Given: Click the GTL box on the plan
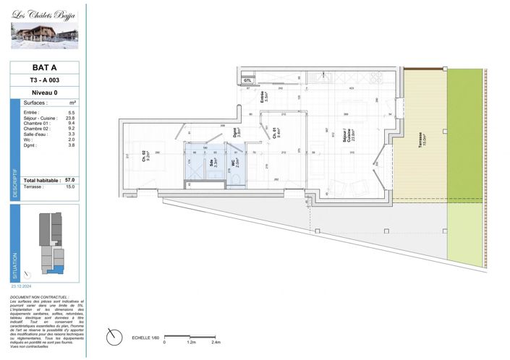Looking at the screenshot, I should [247, 80].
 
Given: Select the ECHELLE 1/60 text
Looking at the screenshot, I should [145, 338].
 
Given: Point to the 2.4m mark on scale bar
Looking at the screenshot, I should [216, 343].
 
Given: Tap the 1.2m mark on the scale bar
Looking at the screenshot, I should [190, 343].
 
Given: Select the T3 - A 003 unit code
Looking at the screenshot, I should [45, 80].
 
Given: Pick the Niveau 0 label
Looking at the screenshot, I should [45, 93].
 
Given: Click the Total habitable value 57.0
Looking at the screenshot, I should [70, 179].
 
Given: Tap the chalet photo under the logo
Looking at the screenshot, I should [44, 36].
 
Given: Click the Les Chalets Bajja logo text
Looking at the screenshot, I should [45, 14].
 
